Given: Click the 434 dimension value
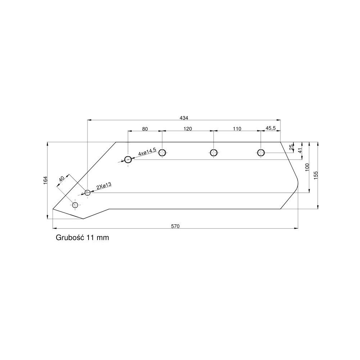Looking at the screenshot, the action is coord(184,118).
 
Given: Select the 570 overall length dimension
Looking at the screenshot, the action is coord(175,226).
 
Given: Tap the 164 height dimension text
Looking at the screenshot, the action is coord(45,180).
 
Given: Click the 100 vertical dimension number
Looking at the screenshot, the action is coord(307,167).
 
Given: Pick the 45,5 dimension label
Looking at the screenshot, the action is coord(270,129).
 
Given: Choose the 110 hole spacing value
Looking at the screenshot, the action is coord(237,129).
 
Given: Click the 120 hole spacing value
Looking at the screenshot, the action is coord(188,129).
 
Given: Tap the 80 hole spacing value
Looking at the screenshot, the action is coord(145,129).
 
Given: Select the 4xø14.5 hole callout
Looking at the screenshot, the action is coord(147,152).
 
